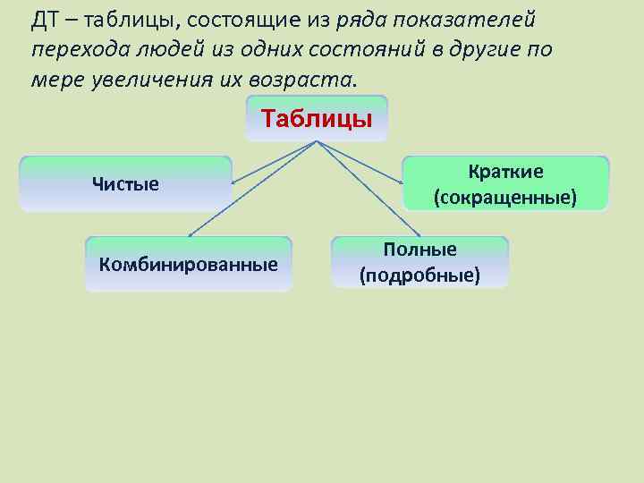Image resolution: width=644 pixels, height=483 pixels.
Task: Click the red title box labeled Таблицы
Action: pos(316,119)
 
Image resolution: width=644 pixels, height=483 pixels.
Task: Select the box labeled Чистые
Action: pos(125,184)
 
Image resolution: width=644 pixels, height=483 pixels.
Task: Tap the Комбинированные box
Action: pos(189,264)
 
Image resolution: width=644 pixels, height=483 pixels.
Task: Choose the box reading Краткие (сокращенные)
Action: pos(505,183)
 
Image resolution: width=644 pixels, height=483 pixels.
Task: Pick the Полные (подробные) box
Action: pos(419,262)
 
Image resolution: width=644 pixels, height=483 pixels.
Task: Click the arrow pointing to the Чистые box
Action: pos(268,164)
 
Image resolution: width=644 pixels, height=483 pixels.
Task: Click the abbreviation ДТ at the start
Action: pos(44,21)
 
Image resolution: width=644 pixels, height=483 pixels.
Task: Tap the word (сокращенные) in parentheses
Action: pos(505,196)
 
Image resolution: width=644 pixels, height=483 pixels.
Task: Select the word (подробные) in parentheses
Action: pos(419,275)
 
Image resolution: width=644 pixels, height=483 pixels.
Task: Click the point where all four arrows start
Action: pos(316,142)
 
